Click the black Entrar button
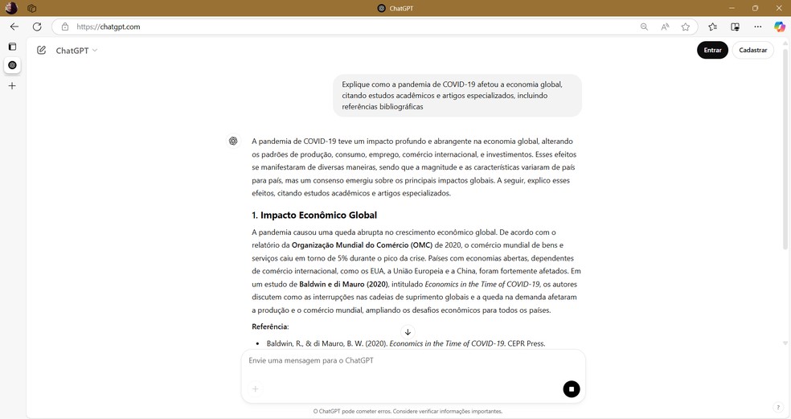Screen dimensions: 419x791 pyautogui.click(x=712, y=50)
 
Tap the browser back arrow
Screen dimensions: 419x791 pyautogui.click(x=14, y=27)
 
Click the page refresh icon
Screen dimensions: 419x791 pyautogui.click(x=37, y=27)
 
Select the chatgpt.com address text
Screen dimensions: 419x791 pyautogui.click(x=109, y=27)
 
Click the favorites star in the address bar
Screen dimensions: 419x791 pyautogui.click(x=686, y=27)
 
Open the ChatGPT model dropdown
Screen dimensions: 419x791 pyautogui.click(x=76, y=50)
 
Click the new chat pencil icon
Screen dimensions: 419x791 pyautogui.click(x=41, y=50)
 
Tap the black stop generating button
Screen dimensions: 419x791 pyautogui.click(x=571, y=389)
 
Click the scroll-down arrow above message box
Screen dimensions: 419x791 pyautogui.click(x=408, y=332)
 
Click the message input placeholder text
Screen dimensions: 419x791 pyautogui.click(x=311, y=360)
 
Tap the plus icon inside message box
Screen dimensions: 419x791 pyautogui.click(x=256, y=389)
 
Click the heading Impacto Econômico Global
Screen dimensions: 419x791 pyautogui.click(x=314, y=215)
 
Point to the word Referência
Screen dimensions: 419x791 pyautogui.click(x=269, y=327)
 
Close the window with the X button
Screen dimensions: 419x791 pyautogui.click(x=778, y=8)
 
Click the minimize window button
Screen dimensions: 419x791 pyautogui.click(x=732, y=8)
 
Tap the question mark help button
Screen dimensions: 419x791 pyautogui.click(x=777, y=408)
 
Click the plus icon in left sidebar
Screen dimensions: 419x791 pyautogui.click(x=12, y=85)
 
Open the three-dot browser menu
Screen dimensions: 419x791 pyautogui.click(x=757, y=27)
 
